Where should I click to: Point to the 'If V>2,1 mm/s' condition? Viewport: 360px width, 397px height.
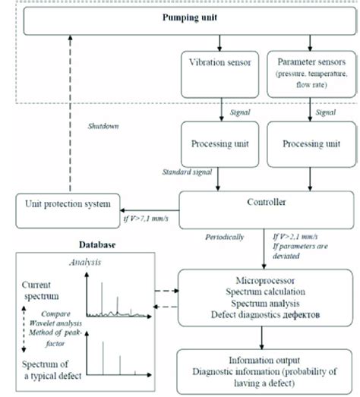[296, 237]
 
